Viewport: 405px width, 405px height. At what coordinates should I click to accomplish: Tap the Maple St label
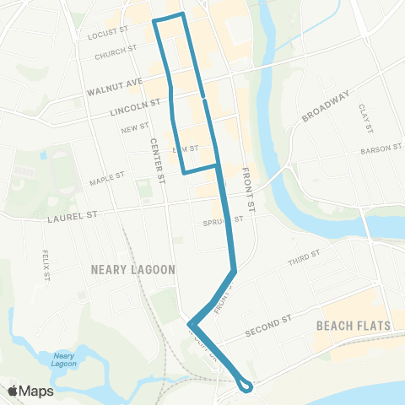point(107,178)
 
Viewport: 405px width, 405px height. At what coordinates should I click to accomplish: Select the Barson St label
point(381,148)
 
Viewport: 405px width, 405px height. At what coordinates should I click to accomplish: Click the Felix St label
point(47,265)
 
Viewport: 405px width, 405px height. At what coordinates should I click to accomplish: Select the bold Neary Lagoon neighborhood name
point(132,270)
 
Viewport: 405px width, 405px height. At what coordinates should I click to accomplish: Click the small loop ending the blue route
point(245,386)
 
